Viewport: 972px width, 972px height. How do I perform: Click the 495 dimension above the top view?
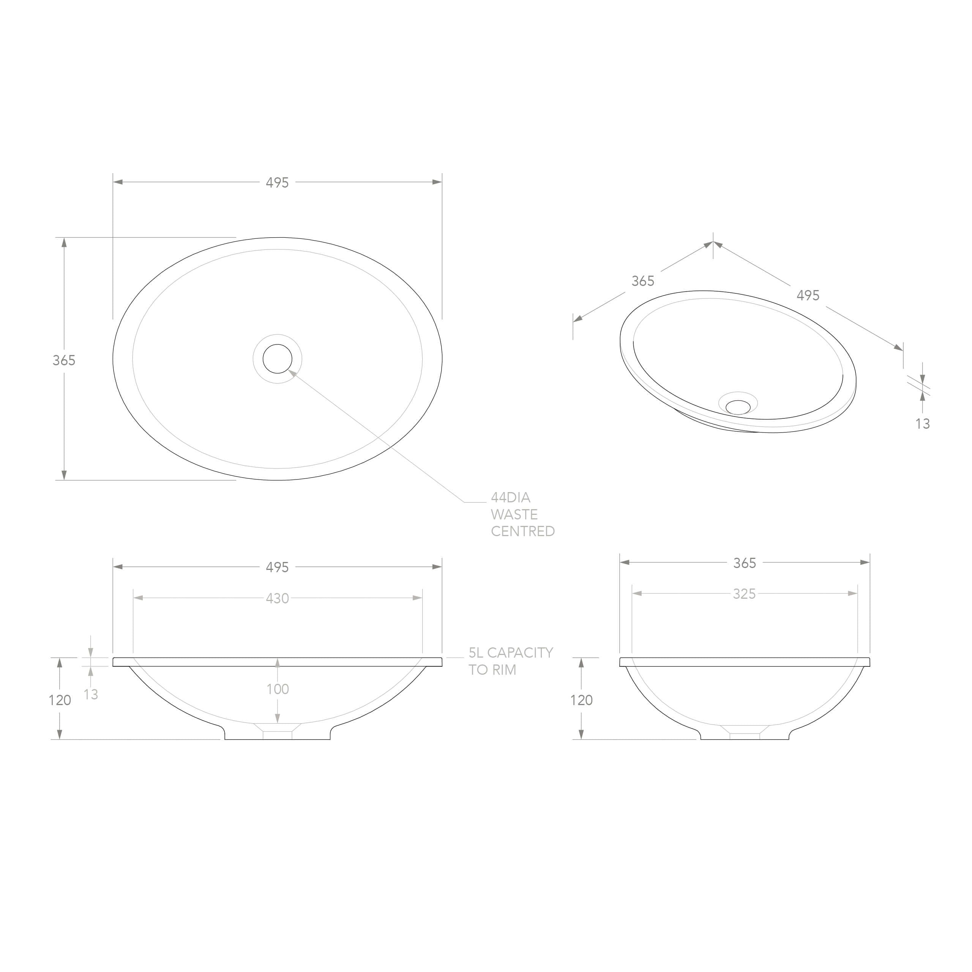277,183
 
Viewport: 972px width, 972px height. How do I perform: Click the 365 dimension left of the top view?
64,360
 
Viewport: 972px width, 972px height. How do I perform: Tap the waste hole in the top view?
277,359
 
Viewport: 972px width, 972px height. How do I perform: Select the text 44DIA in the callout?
511,497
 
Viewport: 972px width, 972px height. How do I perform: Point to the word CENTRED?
523,531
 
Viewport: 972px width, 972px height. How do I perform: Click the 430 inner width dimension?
277,598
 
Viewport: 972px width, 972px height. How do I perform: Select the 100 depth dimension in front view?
278,689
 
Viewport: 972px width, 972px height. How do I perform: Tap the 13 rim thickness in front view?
91,694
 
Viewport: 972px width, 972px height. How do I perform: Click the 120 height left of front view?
60,700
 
